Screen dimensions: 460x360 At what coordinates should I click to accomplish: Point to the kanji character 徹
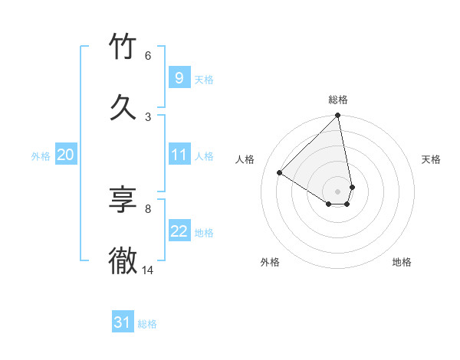click(x=123, y=260)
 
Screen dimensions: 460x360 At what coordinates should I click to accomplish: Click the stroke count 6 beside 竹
click(x=147, y=56)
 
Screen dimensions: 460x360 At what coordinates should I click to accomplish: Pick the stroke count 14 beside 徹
click(x=148, y=270)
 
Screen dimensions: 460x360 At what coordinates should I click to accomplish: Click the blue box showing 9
click(x=179, y=77)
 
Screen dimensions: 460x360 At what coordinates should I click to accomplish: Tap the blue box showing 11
click(x=179, y=155)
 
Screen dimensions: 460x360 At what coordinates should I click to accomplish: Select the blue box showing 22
click(x=179, y=231)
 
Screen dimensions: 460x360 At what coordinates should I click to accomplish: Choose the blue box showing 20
click(x=66, y=155)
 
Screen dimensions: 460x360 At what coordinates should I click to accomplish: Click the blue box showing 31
click(x=123, y=322)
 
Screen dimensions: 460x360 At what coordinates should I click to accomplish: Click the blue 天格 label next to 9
click(x=204, y=79)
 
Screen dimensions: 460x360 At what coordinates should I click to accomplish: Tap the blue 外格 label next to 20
click(x=41, y=156)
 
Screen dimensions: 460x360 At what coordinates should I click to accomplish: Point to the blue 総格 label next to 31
click(x=147, y=324)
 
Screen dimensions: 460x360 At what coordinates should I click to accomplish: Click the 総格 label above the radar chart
click(x=338, y=100)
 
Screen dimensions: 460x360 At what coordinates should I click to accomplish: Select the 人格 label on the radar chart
click(x=245, y=159)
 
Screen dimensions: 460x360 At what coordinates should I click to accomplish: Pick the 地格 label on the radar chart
click(x=402, y=262)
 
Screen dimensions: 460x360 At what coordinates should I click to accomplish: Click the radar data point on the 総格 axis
click(x=338, y=116)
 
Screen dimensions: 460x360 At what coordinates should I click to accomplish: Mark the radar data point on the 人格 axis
click(x=280, y=173)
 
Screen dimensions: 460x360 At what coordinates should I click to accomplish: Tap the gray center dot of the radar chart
click(x=338, y=191)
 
